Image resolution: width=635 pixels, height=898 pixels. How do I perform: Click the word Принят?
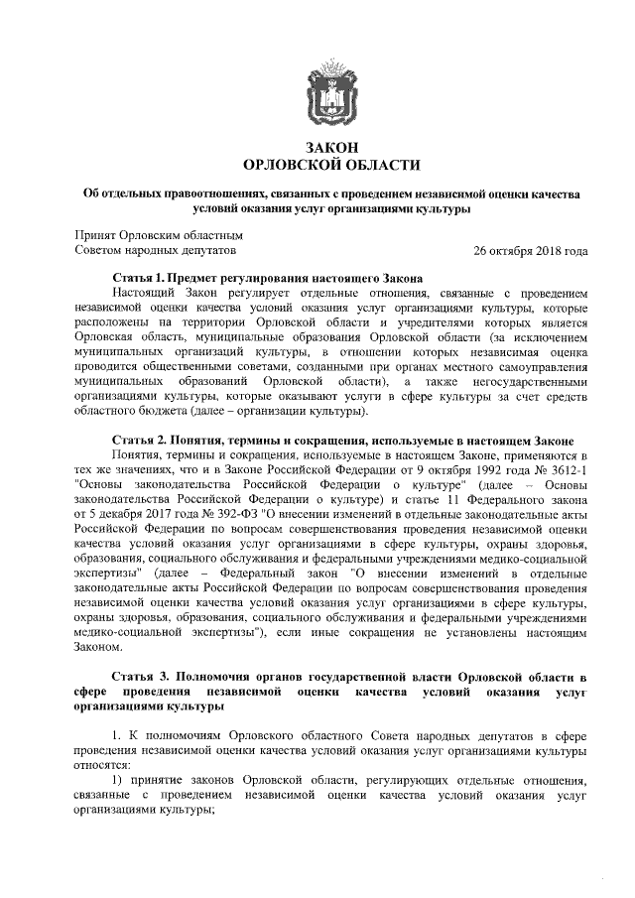(96, 235)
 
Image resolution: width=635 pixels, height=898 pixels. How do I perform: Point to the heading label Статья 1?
(147, 280)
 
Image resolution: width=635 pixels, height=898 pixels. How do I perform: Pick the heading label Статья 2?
(147, 469)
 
